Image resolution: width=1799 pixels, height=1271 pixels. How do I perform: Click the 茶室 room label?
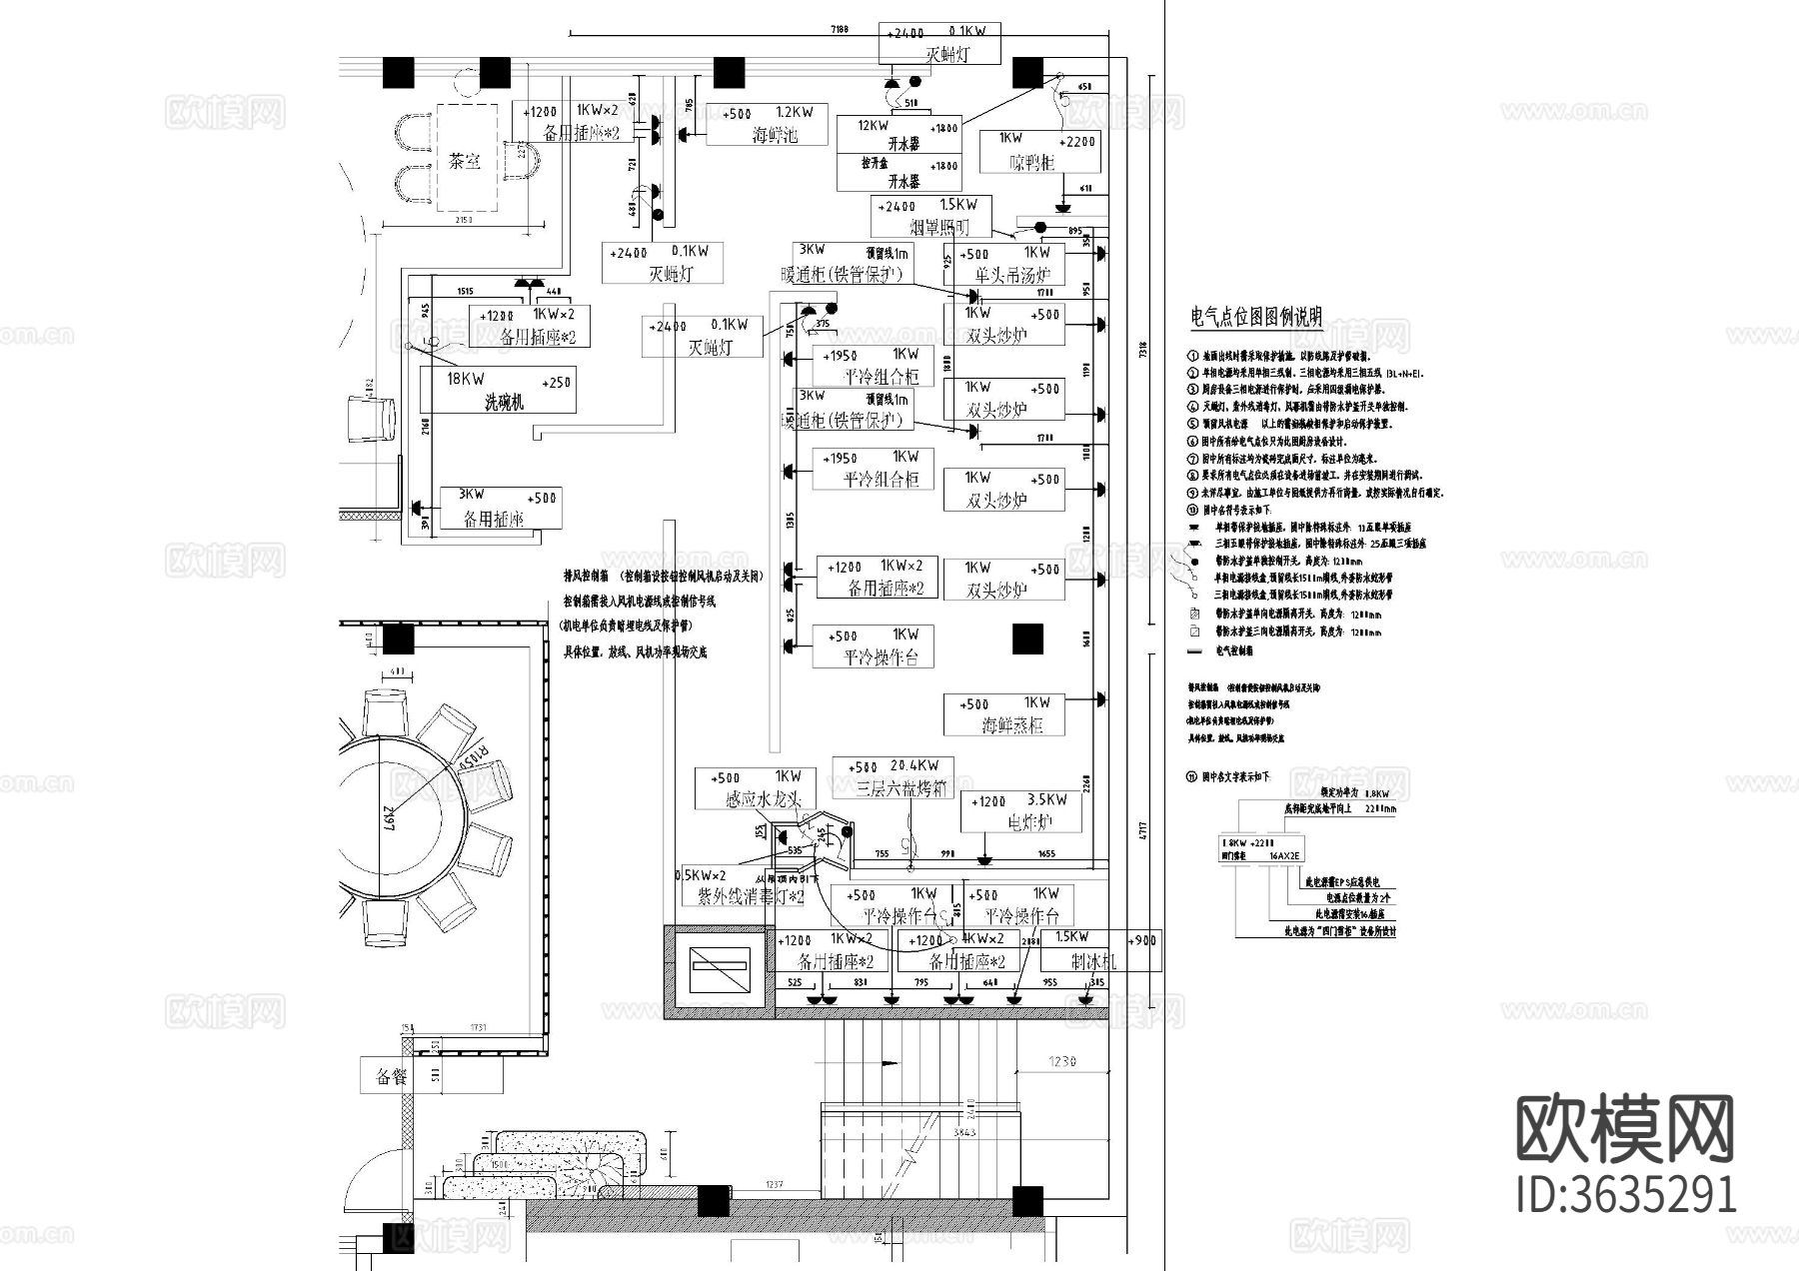click(465, 160)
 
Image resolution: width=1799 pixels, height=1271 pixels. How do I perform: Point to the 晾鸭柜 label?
click(1031, 162)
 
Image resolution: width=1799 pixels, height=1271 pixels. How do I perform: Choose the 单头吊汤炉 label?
click(1012, 275)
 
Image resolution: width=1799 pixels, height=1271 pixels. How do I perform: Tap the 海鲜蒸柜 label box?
click(1011, 725)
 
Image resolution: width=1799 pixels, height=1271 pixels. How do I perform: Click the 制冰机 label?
click(1093, 962)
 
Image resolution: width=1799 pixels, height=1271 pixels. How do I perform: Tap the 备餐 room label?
click(392, 1077)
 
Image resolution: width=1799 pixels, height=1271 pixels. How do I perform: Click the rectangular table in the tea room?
click(466, 158)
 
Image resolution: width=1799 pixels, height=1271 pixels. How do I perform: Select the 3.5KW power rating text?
click(1046, 800)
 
